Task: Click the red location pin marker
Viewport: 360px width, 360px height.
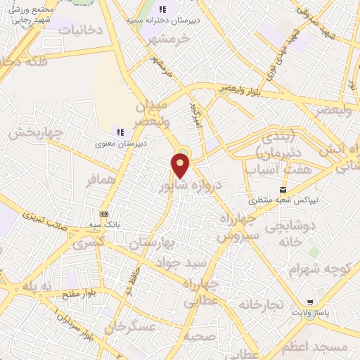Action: pyautogui.click(x=180, y=165)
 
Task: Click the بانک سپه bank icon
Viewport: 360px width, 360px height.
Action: pyautogui.click(x=105, y=214)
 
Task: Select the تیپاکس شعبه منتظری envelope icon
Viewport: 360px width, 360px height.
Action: pyautogui.click(x=283, y=189)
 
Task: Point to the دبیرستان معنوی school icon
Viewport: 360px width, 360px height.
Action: pyautogui.click(x=120, y=131)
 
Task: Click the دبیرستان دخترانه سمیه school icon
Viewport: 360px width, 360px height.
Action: pyautogui.click(x=162, y=9)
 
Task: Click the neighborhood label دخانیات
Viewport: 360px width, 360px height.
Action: pyautogui.click(x=80, y=30)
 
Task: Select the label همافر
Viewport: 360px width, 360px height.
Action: pyautogui.click(x=101, y=180)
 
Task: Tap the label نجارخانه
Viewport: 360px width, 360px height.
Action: pyautogui.click(x=260, y=304)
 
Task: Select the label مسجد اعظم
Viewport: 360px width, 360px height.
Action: pyautogui.click(x=323, y=347)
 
